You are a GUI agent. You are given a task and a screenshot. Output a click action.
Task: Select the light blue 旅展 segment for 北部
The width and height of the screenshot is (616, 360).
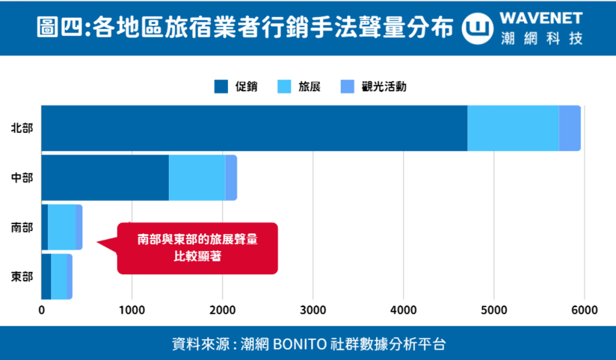[513, 128]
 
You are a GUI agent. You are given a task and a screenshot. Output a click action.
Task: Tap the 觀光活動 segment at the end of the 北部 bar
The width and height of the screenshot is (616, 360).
[570, 128]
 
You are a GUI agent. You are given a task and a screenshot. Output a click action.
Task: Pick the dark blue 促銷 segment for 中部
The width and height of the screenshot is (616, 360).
[105, 178]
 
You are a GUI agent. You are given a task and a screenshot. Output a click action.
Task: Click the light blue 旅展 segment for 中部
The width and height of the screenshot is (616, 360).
[197, 178]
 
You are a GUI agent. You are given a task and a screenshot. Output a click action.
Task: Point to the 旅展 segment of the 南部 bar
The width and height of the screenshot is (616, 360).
[61, 227]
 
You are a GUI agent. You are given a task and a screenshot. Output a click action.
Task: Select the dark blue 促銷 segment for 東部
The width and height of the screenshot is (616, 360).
[46, 276]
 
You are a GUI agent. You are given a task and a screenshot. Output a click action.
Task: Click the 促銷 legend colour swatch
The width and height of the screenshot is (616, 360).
[221, 87]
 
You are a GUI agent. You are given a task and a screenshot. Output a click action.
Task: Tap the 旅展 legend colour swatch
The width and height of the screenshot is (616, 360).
[284, 87]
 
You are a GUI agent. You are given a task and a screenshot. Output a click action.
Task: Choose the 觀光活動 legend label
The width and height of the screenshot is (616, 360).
[384, 87]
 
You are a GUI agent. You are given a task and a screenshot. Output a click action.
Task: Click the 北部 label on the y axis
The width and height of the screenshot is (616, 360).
[22, 128]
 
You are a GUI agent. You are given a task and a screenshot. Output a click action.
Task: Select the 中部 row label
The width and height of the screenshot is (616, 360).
[22, 178]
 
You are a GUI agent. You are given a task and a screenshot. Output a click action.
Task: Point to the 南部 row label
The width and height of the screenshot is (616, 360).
[22, 228]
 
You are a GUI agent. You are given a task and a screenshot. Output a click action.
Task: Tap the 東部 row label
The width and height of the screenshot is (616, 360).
[22, 277]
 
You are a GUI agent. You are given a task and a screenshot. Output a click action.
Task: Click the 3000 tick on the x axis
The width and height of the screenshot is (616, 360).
[313, 311]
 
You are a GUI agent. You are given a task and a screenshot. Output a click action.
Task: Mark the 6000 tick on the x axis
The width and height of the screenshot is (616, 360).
[584, 311]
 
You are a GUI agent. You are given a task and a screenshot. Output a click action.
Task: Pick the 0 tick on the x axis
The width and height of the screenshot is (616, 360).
[42, 311]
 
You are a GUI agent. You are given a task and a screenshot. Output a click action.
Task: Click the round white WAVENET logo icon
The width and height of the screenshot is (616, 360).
[478, 28]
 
